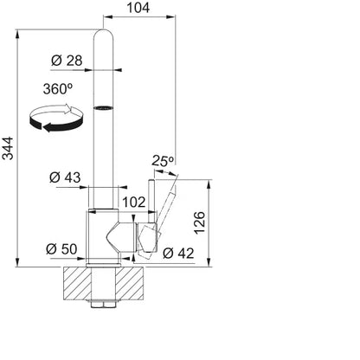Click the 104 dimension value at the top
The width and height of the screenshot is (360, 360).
pos(138,8)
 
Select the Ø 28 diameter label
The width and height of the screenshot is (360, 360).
pos(67,61)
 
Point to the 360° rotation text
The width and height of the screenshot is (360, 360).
pos(58,88)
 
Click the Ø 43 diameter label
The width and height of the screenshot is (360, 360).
pos(65,177)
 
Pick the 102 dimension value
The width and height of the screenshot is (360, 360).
pos(134,202)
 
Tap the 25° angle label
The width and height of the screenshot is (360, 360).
pos(163,161)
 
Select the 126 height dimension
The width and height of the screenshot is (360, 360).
pos(200,222)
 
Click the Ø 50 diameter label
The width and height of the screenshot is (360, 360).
pos(61,249)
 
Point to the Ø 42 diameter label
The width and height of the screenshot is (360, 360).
pos(178,254)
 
